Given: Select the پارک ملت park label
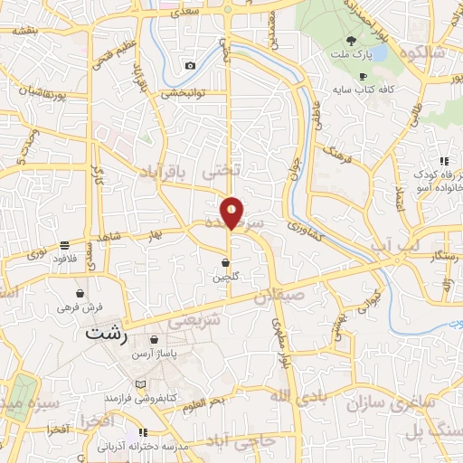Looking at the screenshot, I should tap(352, 56).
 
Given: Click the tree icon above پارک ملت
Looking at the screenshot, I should tap(352, 41).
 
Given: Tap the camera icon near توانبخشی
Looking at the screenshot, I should tap(190, 65).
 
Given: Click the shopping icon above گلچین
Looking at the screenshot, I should tap(224, 263).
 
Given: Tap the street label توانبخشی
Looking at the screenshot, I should tap(186, 92).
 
